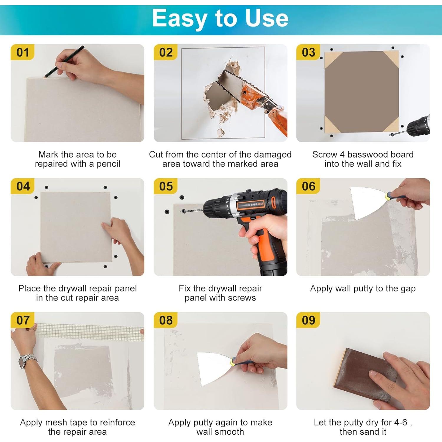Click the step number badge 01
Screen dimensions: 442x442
click(23, 52)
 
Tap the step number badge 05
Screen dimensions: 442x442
click(166, 187)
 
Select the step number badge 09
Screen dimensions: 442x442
click(309, 320)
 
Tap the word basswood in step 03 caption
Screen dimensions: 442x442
click(365, 154)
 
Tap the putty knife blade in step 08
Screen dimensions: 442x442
click(214, 368)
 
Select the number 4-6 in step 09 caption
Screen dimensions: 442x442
click(401, 423)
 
